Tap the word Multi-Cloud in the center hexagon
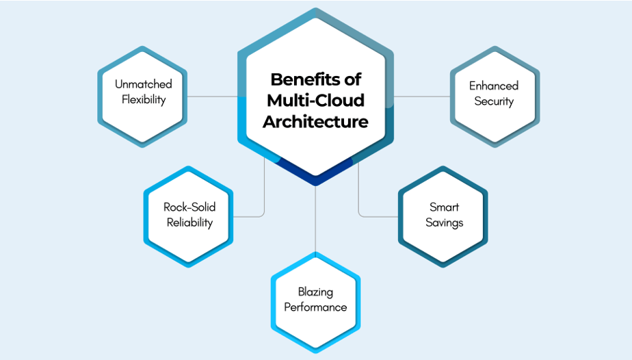click(315, 101)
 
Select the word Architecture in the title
click(315, 122)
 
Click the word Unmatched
click(144, 84)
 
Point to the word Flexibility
click(144, 99)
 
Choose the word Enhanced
click(494, 86)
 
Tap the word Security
click(494, 101)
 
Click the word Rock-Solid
click(189, 207)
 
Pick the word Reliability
click(189, 222)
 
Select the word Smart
click(444, 207)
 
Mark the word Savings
click(444, 222)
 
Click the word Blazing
click(315, 292)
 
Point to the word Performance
click(315, 307)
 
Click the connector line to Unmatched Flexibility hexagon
click(212, 97)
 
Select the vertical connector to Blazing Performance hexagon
click(315, 219)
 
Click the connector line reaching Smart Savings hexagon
click(376, 217)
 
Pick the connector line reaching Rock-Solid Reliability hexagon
click(264, 198)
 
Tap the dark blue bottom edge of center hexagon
click(315, 180)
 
